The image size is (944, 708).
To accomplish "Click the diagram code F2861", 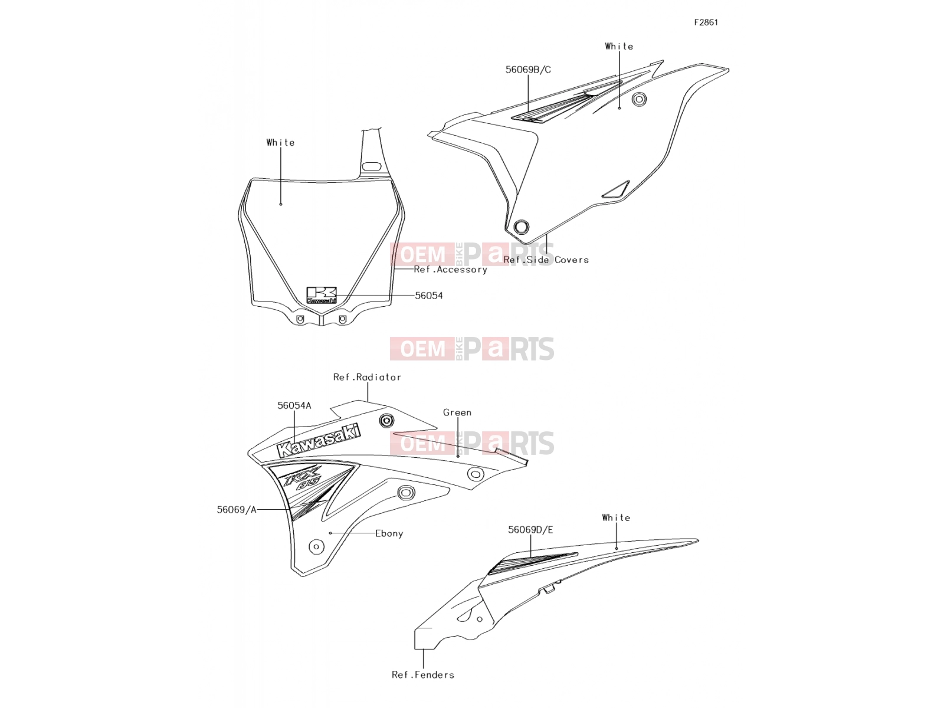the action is pyautogui.click(x=706, y=22).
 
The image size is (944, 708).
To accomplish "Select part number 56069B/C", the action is pyautogui.click(x=527, y=70).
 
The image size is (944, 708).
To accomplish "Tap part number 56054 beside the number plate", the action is pyautogui.click(x=428, y=296).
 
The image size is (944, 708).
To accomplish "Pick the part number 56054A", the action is pyautogui.click(x=294, y=405).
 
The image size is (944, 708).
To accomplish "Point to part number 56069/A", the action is pyautogui.click(x=237, y=509).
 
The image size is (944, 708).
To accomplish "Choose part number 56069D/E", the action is pyautogui.click(x=530, y=530).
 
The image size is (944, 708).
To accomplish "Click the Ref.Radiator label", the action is pyautogui.click(x=367, y=377).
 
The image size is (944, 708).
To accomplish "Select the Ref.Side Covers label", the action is pyautogui.click(x=546, y=260).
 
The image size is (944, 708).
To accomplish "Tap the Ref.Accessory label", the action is pyautogui.click(x=450, y=270).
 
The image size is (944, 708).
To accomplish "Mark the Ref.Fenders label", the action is pyautogui.click(x=423, y=675).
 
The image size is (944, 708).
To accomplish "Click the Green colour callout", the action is pyautogui.click(x=457, y=412).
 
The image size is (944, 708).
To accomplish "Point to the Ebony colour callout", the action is pyautogui.click(x=389, y=533).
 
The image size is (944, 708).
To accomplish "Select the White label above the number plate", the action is pyautogui.click(x=280, y=142).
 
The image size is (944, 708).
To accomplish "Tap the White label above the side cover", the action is pyautogui.click(x=619, y=47).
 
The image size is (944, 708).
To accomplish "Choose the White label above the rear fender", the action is pyautogui.click(x=616, y=517).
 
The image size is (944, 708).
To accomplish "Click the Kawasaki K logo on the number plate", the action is pyautogui.click(x=322, y=296).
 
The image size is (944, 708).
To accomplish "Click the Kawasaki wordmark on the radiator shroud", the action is pyautogui.click(x=319, y=441).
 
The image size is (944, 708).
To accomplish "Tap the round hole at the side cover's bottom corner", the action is pyautogui.click(x=521, y=227).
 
